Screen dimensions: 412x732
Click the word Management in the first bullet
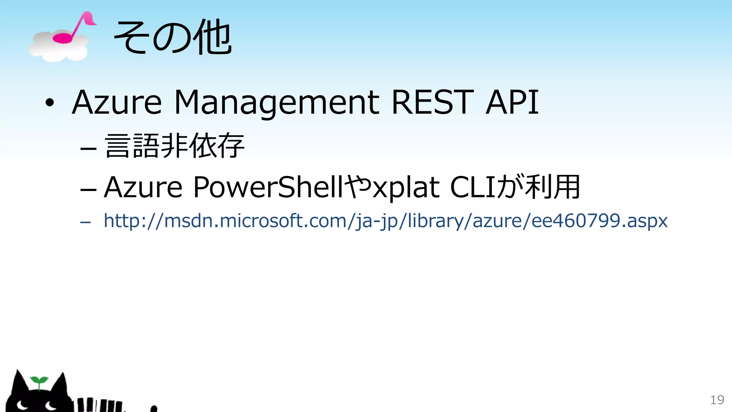tap(277, 103)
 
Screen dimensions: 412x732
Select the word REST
tap(432, 103)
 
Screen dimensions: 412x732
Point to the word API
tap(512, 103)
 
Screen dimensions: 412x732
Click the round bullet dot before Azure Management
tap(50, 103)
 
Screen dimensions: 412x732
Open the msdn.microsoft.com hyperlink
tap(385, 221)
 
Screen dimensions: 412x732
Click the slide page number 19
tap(717, 400)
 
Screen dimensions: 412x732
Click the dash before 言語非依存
tap(88, 147)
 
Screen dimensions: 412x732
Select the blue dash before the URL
tap(85, 222)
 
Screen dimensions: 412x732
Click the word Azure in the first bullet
tap(117, 103)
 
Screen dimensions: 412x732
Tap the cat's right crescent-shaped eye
tap(50, 406)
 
